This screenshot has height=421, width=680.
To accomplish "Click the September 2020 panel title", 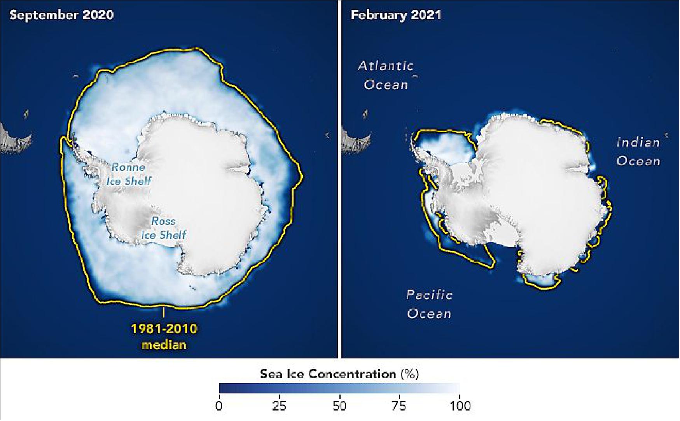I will pos(61,15).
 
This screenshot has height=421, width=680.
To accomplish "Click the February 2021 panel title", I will pos(396,15).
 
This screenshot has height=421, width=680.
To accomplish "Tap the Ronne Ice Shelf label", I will pos(129,174).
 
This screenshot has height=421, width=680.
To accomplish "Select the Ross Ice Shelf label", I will pos(163,228).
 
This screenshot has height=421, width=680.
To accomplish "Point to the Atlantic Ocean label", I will pos(386,75).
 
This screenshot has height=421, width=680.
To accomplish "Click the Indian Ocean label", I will pos(638,151).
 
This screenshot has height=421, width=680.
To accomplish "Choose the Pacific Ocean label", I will pos(429,304).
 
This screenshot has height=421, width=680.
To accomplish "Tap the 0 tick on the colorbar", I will pos(219,406).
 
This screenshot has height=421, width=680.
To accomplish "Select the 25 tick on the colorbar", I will pos(279,406).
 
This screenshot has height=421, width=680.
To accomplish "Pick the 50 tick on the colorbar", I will pos(339,406).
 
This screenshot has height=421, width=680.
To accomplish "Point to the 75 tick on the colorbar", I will pos(399,406).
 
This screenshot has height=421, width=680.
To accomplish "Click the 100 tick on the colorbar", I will pos(460,406).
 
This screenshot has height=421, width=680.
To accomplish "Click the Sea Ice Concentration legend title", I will pos(339,374).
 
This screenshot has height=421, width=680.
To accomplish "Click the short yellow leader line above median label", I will pos(164,313).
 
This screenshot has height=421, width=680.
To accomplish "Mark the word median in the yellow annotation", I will pos(164,345).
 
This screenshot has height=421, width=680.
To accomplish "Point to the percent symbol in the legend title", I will pos(409,374).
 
